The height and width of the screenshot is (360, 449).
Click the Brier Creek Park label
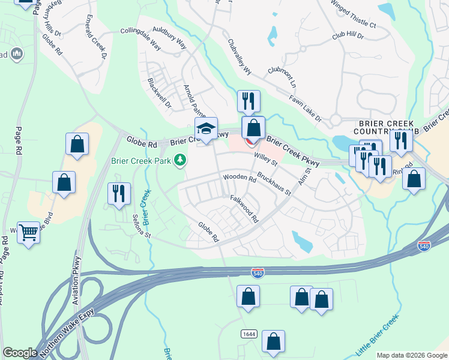click(x=140, y=161)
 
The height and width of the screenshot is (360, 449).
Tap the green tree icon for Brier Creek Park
click(x=179, y=160)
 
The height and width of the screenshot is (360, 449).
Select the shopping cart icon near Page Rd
click(x=28, y=232)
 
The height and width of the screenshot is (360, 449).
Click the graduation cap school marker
click(x=206, y=129)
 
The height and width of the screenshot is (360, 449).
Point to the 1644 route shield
click(x=249, y=333)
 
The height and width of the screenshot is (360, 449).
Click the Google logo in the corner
click(x=20, y=353)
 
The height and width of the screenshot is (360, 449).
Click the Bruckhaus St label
click(x=274, y=184)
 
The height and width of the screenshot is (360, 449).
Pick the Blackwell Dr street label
click(x=159, y=93)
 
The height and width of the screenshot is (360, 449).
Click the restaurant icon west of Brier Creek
click(x=119, y=193)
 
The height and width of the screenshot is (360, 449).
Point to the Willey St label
click(x=265, y=159)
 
